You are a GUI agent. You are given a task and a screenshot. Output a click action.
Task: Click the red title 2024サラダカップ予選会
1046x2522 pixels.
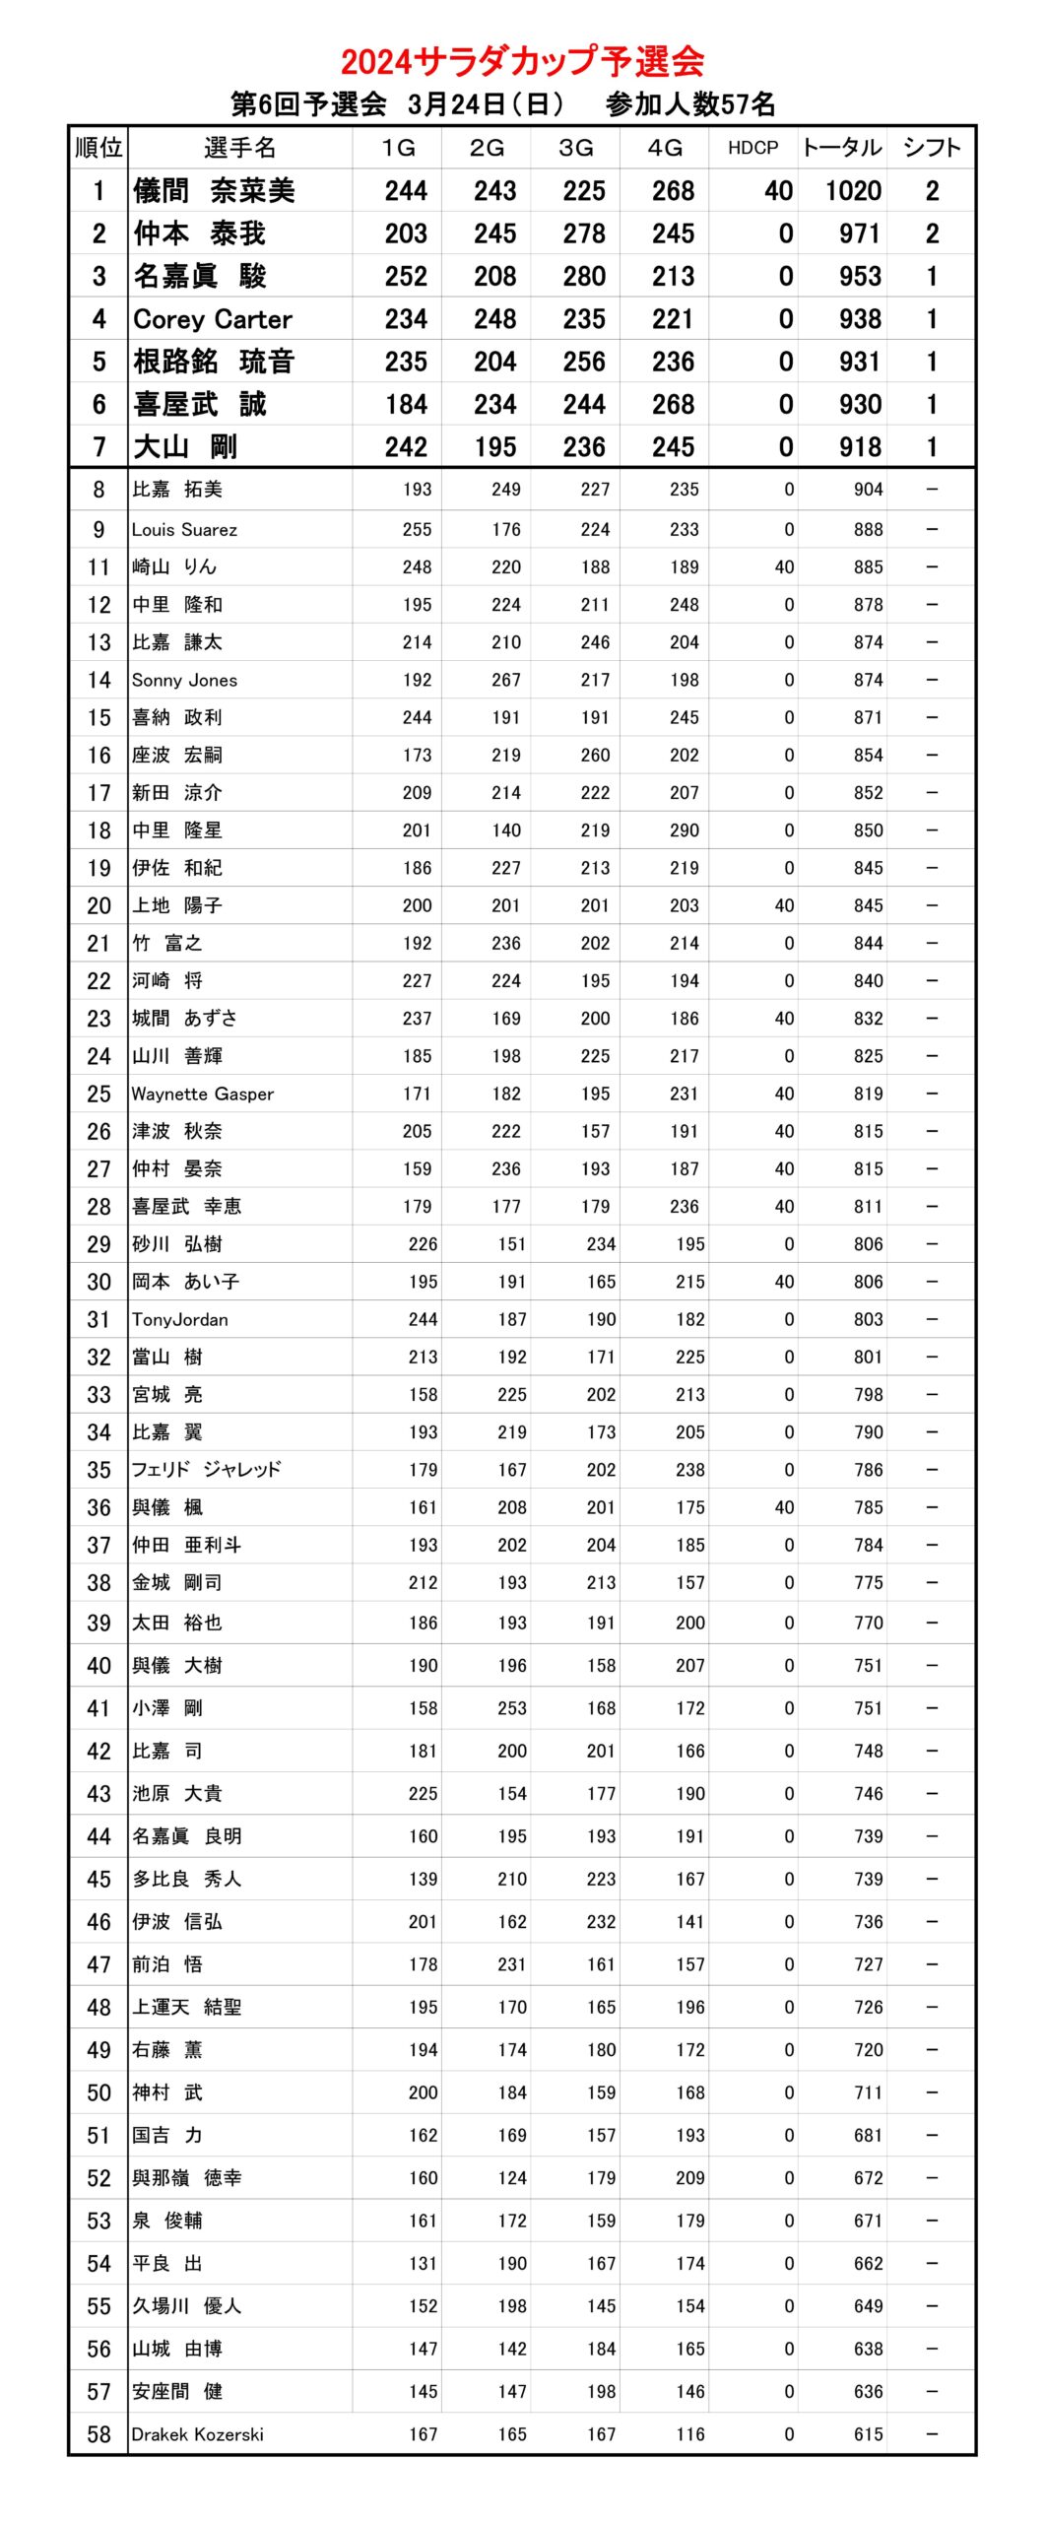tap(522, 61)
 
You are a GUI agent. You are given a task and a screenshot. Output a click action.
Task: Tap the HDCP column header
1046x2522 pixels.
tap(752, 148)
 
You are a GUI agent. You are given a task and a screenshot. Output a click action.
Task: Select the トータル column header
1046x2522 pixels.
tap(841, 148)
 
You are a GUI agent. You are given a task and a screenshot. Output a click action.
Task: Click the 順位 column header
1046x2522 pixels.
tap(98, 148)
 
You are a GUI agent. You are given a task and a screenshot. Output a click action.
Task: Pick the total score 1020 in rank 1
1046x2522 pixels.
tap(853, 191)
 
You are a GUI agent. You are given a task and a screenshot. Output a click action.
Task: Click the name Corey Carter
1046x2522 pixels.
tap(213, 319)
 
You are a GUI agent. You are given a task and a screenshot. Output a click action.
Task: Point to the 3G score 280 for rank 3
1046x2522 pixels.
tap(584, 277)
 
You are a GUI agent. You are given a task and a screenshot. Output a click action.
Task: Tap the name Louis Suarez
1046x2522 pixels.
tap(184, 530)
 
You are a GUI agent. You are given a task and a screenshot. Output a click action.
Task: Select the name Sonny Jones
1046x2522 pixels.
tap(184, 681)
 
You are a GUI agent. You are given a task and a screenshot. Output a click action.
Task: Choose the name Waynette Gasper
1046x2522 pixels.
tap(202, 1095)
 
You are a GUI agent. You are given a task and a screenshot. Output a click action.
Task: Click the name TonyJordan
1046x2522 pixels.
tap(179, 1320)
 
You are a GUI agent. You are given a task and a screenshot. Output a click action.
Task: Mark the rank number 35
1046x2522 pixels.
tap(98, 1470)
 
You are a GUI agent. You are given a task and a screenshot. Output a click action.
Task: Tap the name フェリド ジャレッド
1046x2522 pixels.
tap(207, 1470)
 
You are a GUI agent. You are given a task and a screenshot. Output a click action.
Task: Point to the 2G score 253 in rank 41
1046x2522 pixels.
tap(511, 1708)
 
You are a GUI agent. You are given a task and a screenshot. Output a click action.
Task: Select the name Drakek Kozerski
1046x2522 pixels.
tap(197, 2434)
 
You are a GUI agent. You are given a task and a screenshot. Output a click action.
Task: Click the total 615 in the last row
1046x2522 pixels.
tap(868, 2434)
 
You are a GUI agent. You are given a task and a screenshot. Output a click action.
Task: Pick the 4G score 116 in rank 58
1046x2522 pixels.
tap(689, 2434)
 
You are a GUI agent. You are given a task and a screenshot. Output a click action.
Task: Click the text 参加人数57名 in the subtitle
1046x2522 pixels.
tap(690, 104)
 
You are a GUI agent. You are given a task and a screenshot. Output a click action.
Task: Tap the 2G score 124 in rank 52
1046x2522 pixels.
tap(511, 2178)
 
